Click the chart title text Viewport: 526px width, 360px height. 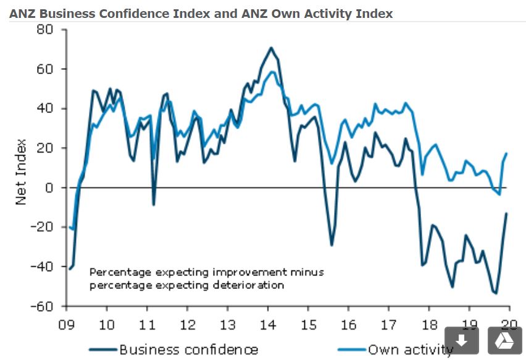click(201, 13)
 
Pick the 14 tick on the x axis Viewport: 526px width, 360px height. click(269, 325)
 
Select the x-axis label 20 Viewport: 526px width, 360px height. click(510, 325)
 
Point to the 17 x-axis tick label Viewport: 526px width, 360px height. click(389, 325)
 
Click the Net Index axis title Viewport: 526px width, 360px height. click(21, 172)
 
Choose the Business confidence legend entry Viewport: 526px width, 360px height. click(188, 350)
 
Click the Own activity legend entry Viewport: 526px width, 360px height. click(411, 350)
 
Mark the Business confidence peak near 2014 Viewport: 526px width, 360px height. click(271, 48)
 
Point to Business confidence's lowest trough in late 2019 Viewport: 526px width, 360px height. click(496, 293)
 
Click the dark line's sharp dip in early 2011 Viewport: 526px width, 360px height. click(153, 204)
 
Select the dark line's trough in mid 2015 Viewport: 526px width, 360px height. click(332, 245)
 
